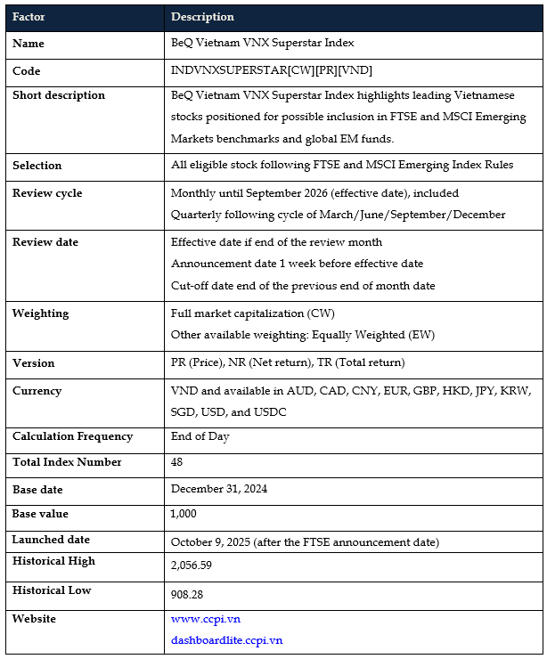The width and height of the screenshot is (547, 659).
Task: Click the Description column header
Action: click(x=202, y=17)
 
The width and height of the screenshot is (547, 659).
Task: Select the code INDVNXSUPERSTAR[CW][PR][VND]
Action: click(x=271, y=70)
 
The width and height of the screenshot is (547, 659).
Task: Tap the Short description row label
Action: click(x=58, y=95)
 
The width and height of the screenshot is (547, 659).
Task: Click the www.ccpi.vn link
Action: click(x=205, y=619)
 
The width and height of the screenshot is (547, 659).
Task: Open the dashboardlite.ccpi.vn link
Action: click(x=226, y=639)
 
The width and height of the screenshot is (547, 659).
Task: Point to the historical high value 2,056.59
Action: click(x=196, y=565)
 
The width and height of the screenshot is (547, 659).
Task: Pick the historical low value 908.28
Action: click(x=190, y=593)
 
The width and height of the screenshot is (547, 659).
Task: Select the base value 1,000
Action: click(x=184, y=514)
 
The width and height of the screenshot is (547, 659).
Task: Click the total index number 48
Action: click(x=177, y=462)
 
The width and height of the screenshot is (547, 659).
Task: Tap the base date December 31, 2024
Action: click(x=219, y=489)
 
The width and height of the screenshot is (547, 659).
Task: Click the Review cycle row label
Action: click(x=46, y=192)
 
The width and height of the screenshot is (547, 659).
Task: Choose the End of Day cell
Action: click(x=200, y=436)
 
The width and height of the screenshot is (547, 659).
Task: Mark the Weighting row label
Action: click(x=40, y=313)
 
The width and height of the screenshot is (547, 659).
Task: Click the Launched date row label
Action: click(x=51, y=540)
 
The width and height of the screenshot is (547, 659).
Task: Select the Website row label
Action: click(x=34, y=619)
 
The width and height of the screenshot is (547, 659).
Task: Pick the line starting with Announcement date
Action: click(x=297, y=264)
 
